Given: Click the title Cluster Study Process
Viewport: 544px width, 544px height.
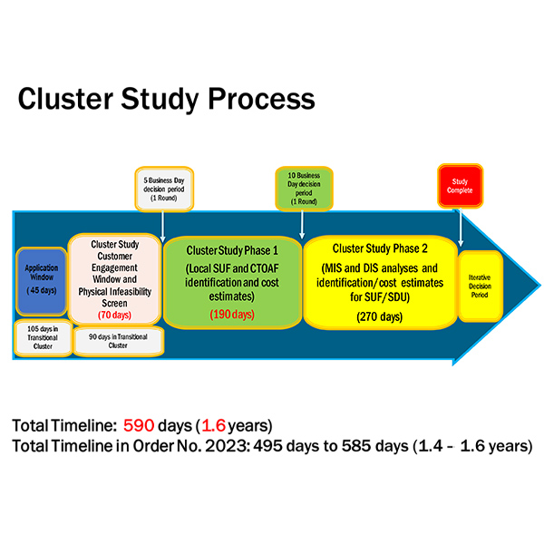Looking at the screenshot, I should (166, 99).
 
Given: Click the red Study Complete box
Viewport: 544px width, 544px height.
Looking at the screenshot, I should (460, 185).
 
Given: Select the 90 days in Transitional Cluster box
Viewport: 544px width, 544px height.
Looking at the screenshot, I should (118, 341).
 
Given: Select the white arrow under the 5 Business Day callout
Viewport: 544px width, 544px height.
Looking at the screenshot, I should (163, 226).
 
